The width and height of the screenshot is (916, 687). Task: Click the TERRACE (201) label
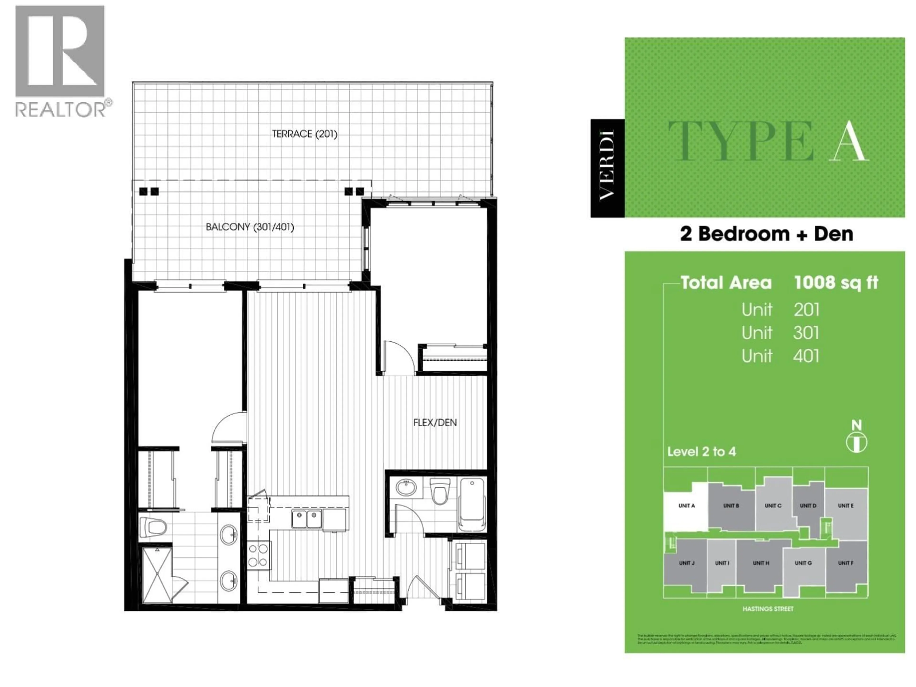304,134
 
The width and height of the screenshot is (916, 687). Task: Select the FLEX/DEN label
435,423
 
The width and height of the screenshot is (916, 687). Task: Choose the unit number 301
806,333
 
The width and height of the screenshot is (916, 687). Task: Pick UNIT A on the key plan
686,506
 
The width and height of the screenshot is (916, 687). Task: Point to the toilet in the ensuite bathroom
153,528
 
